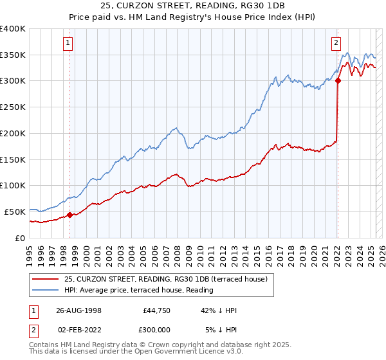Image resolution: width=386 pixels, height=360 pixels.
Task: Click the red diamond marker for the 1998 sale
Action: [x=69, y=215]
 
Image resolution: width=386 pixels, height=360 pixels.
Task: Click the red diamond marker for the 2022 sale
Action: [x=337, y=80]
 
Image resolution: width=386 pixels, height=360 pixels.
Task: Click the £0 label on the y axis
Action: [x=20, y=238]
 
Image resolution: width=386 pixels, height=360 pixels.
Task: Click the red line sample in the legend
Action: [x=45, y=278]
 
